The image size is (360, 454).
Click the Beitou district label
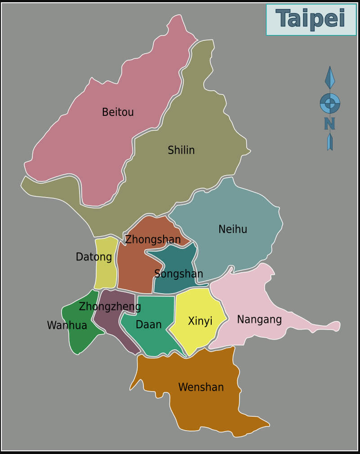click(x=118, y=112)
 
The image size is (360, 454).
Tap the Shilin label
click(x=181, y=150)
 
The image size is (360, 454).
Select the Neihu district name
click(x=233, y=229)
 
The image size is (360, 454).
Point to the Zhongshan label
click(x=153, y=239)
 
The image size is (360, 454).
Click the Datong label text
click(x=93, y=257)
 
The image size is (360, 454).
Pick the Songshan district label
click(x=178, y=273)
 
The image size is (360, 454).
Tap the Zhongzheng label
click(x=110, y=306)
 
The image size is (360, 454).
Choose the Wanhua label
click(x=67, y=325)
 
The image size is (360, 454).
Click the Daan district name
click(x=148, y=324)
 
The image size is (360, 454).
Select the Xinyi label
click(x=200, y=321)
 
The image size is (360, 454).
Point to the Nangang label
click(x=259, y=319)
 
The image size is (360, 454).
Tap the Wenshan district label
click(x=201, y=387)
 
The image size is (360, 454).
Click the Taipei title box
click(x=311, y=19)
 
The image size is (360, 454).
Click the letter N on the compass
click(x=329, y=123)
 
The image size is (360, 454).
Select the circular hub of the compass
click(x=330, y=103)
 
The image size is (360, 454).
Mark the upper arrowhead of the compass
click(x=330, y=77)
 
